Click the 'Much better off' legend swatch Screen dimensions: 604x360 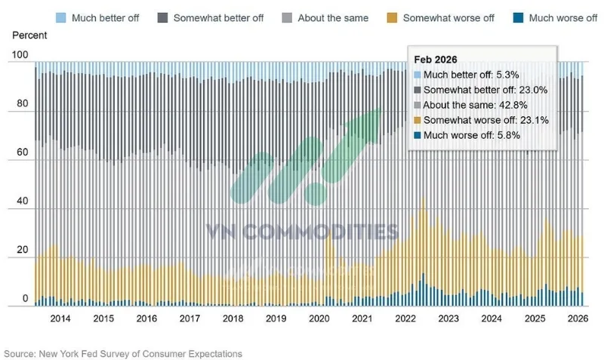point(61,17)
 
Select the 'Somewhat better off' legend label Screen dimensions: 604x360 point(218,18)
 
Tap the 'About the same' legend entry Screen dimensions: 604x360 point(325,17)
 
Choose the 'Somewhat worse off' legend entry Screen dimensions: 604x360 point(441,17)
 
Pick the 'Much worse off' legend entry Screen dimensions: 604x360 point(555,17)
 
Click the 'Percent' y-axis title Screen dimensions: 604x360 point(29,35)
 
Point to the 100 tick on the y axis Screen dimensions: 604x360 point(20,54)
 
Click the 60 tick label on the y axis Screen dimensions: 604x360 point(23,152)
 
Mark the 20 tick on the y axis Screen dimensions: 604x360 point(23,250)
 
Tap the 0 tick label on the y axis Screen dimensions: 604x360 point(26,298)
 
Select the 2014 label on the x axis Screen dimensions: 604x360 point(60,318)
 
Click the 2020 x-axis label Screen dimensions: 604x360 point(319,318)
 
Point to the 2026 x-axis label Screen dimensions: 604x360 point(578,318)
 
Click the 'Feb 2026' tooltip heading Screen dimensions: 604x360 point(436,60)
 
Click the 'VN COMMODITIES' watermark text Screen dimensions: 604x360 point(303,232)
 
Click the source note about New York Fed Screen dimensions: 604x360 point(123,354)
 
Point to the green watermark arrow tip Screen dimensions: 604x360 point(380,109)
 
